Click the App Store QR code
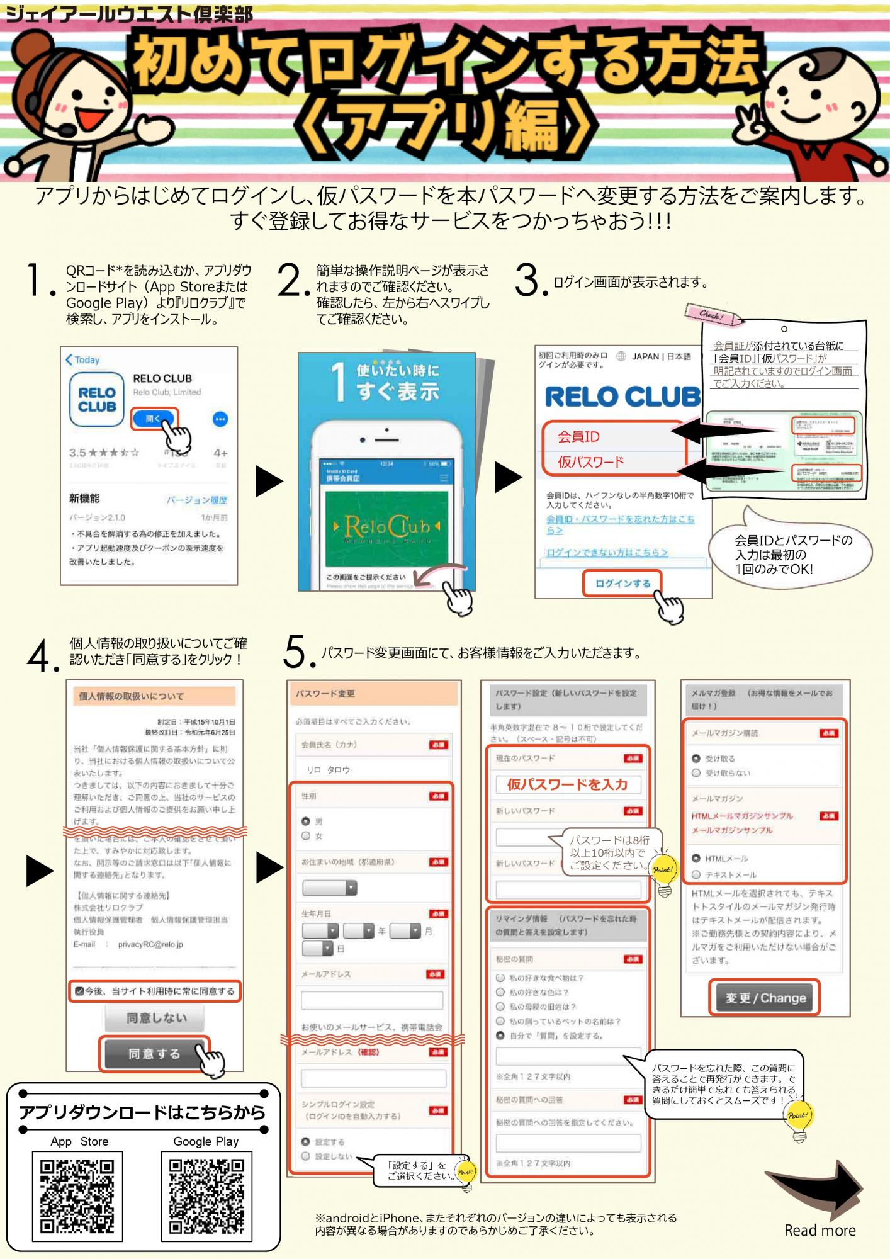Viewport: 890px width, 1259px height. click(x=77, y=1195)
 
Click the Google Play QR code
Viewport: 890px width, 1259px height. click(x=206, y=1195)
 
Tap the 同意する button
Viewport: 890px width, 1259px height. click(x=154, y=1054)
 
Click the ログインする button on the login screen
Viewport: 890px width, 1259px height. click(x=622, y=584)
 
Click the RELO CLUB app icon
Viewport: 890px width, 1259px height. click(x=97, y=400)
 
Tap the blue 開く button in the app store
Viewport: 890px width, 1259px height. click(x=153, y=419)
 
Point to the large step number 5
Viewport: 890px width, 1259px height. click(x=296, y=652)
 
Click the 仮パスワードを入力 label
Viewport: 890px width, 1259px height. click(x=567, y=784)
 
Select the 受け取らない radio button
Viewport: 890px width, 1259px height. click(x=696, y=773)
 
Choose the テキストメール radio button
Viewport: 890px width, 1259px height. click(x=696, y=874)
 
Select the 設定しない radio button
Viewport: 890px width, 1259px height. click(x=306, y=1156)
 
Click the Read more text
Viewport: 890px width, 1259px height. click(x=820, y=1230)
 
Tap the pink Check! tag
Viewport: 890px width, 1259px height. click(x=712, y=314)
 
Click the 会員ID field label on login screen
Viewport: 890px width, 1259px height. click(x=578, y=436)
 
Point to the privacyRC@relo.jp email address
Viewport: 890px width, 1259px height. click(x=150, y=944)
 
